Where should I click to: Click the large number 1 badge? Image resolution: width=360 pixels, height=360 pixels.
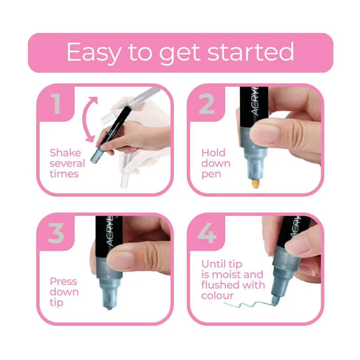point(56,104)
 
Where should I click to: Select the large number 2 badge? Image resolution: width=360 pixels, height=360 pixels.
point(207,104)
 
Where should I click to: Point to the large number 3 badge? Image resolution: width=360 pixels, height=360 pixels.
point(56,233)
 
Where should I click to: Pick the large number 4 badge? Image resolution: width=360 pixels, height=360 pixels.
point(207,233)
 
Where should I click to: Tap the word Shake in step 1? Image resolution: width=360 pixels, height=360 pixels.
point(65,153)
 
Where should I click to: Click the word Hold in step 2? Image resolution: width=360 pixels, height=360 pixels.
point(213,153)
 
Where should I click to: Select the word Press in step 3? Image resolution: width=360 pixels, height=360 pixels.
point(63,281)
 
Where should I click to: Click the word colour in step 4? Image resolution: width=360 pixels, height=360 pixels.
point(217,295)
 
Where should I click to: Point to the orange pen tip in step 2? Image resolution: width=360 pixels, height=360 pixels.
point(255,183)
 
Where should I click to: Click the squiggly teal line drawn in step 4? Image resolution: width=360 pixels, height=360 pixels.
point(250,305)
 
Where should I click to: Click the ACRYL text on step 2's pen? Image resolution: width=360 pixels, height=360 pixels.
point(255,101)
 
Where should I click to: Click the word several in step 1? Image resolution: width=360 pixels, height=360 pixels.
point(67,163)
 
